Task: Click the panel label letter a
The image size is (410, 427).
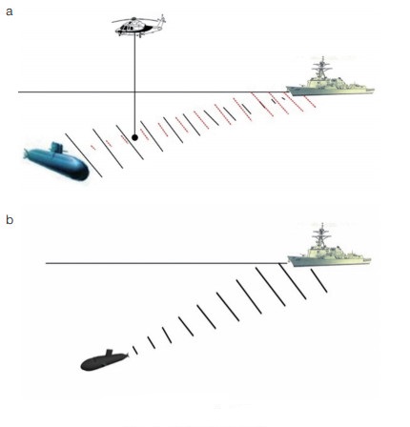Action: click(10, 11)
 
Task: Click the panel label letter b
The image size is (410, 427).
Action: click(10, 219)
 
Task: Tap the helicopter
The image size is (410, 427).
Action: click(139, 26)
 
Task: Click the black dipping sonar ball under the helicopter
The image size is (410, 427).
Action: click(134, 137)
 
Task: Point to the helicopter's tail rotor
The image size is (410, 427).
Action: click(163, 20)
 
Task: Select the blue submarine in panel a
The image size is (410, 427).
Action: click(56, 162)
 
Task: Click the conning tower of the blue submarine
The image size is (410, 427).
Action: click(57, 148)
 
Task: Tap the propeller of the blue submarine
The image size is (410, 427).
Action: click(27, 154)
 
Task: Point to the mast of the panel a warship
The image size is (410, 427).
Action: click(322, 69)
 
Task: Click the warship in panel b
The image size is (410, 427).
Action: click(329, 247)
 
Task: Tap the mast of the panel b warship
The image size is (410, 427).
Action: click(322, 235)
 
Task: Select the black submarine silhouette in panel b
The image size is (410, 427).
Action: click(104, 361)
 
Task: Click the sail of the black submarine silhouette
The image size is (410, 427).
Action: click(109, 352)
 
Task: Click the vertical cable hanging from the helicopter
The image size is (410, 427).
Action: click(134, 85)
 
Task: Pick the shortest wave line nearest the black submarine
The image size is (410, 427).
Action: click(135, 350)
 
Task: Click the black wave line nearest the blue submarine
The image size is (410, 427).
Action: click(84, 155)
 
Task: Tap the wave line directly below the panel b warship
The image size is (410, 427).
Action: click(318, 280)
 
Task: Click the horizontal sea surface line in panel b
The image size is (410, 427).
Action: click(166, 263)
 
